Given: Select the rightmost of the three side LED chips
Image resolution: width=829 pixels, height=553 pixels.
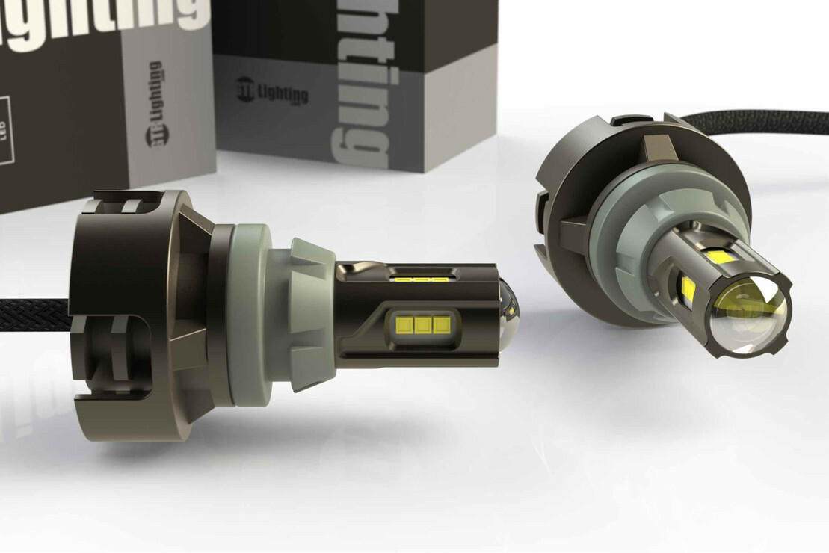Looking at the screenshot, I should [442, 324].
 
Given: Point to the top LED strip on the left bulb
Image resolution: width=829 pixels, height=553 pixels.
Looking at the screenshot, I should [420, 279].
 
